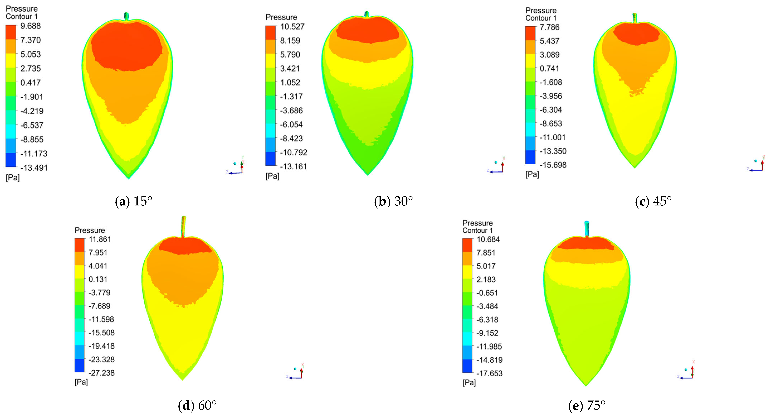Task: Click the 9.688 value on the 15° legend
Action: point(30,26)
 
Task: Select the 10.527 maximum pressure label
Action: point(292,27)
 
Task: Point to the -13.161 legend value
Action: point(293,166)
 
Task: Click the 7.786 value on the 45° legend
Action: point(549,27)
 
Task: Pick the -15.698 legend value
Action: point(553,165)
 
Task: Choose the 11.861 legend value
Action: point(100,239)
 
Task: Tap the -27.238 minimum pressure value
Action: point(101,373)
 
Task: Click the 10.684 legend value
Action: point(488,239)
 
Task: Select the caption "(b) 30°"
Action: point(393,201)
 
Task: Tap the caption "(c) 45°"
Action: point(653,201)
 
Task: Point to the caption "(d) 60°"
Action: point(197,406)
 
